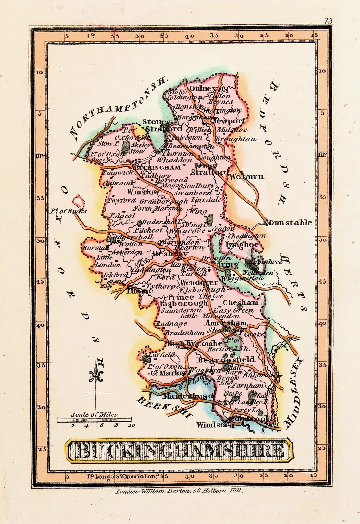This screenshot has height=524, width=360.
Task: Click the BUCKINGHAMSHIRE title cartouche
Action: click(179, 450)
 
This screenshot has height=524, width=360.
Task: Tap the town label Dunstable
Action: click(290, 222)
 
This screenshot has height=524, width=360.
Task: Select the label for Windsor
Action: click(212, 425)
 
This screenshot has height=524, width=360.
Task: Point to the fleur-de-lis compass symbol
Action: click(96, 376)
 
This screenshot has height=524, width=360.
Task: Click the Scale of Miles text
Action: click(94, 415)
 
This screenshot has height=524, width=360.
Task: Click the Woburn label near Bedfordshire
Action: click(247, 176)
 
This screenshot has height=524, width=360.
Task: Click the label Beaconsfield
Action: click(226, 360)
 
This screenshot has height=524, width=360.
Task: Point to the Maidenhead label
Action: click(188, 396)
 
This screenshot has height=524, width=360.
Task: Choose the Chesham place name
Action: click(240, 303)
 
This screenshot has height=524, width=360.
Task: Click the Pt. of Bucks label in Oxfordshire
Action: click(69, 211)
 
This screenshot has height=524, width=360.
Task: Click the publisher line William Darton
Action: click(179, 491)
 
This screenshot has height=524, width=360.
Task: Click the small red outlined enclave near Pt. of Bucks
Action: click(78, 201)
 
